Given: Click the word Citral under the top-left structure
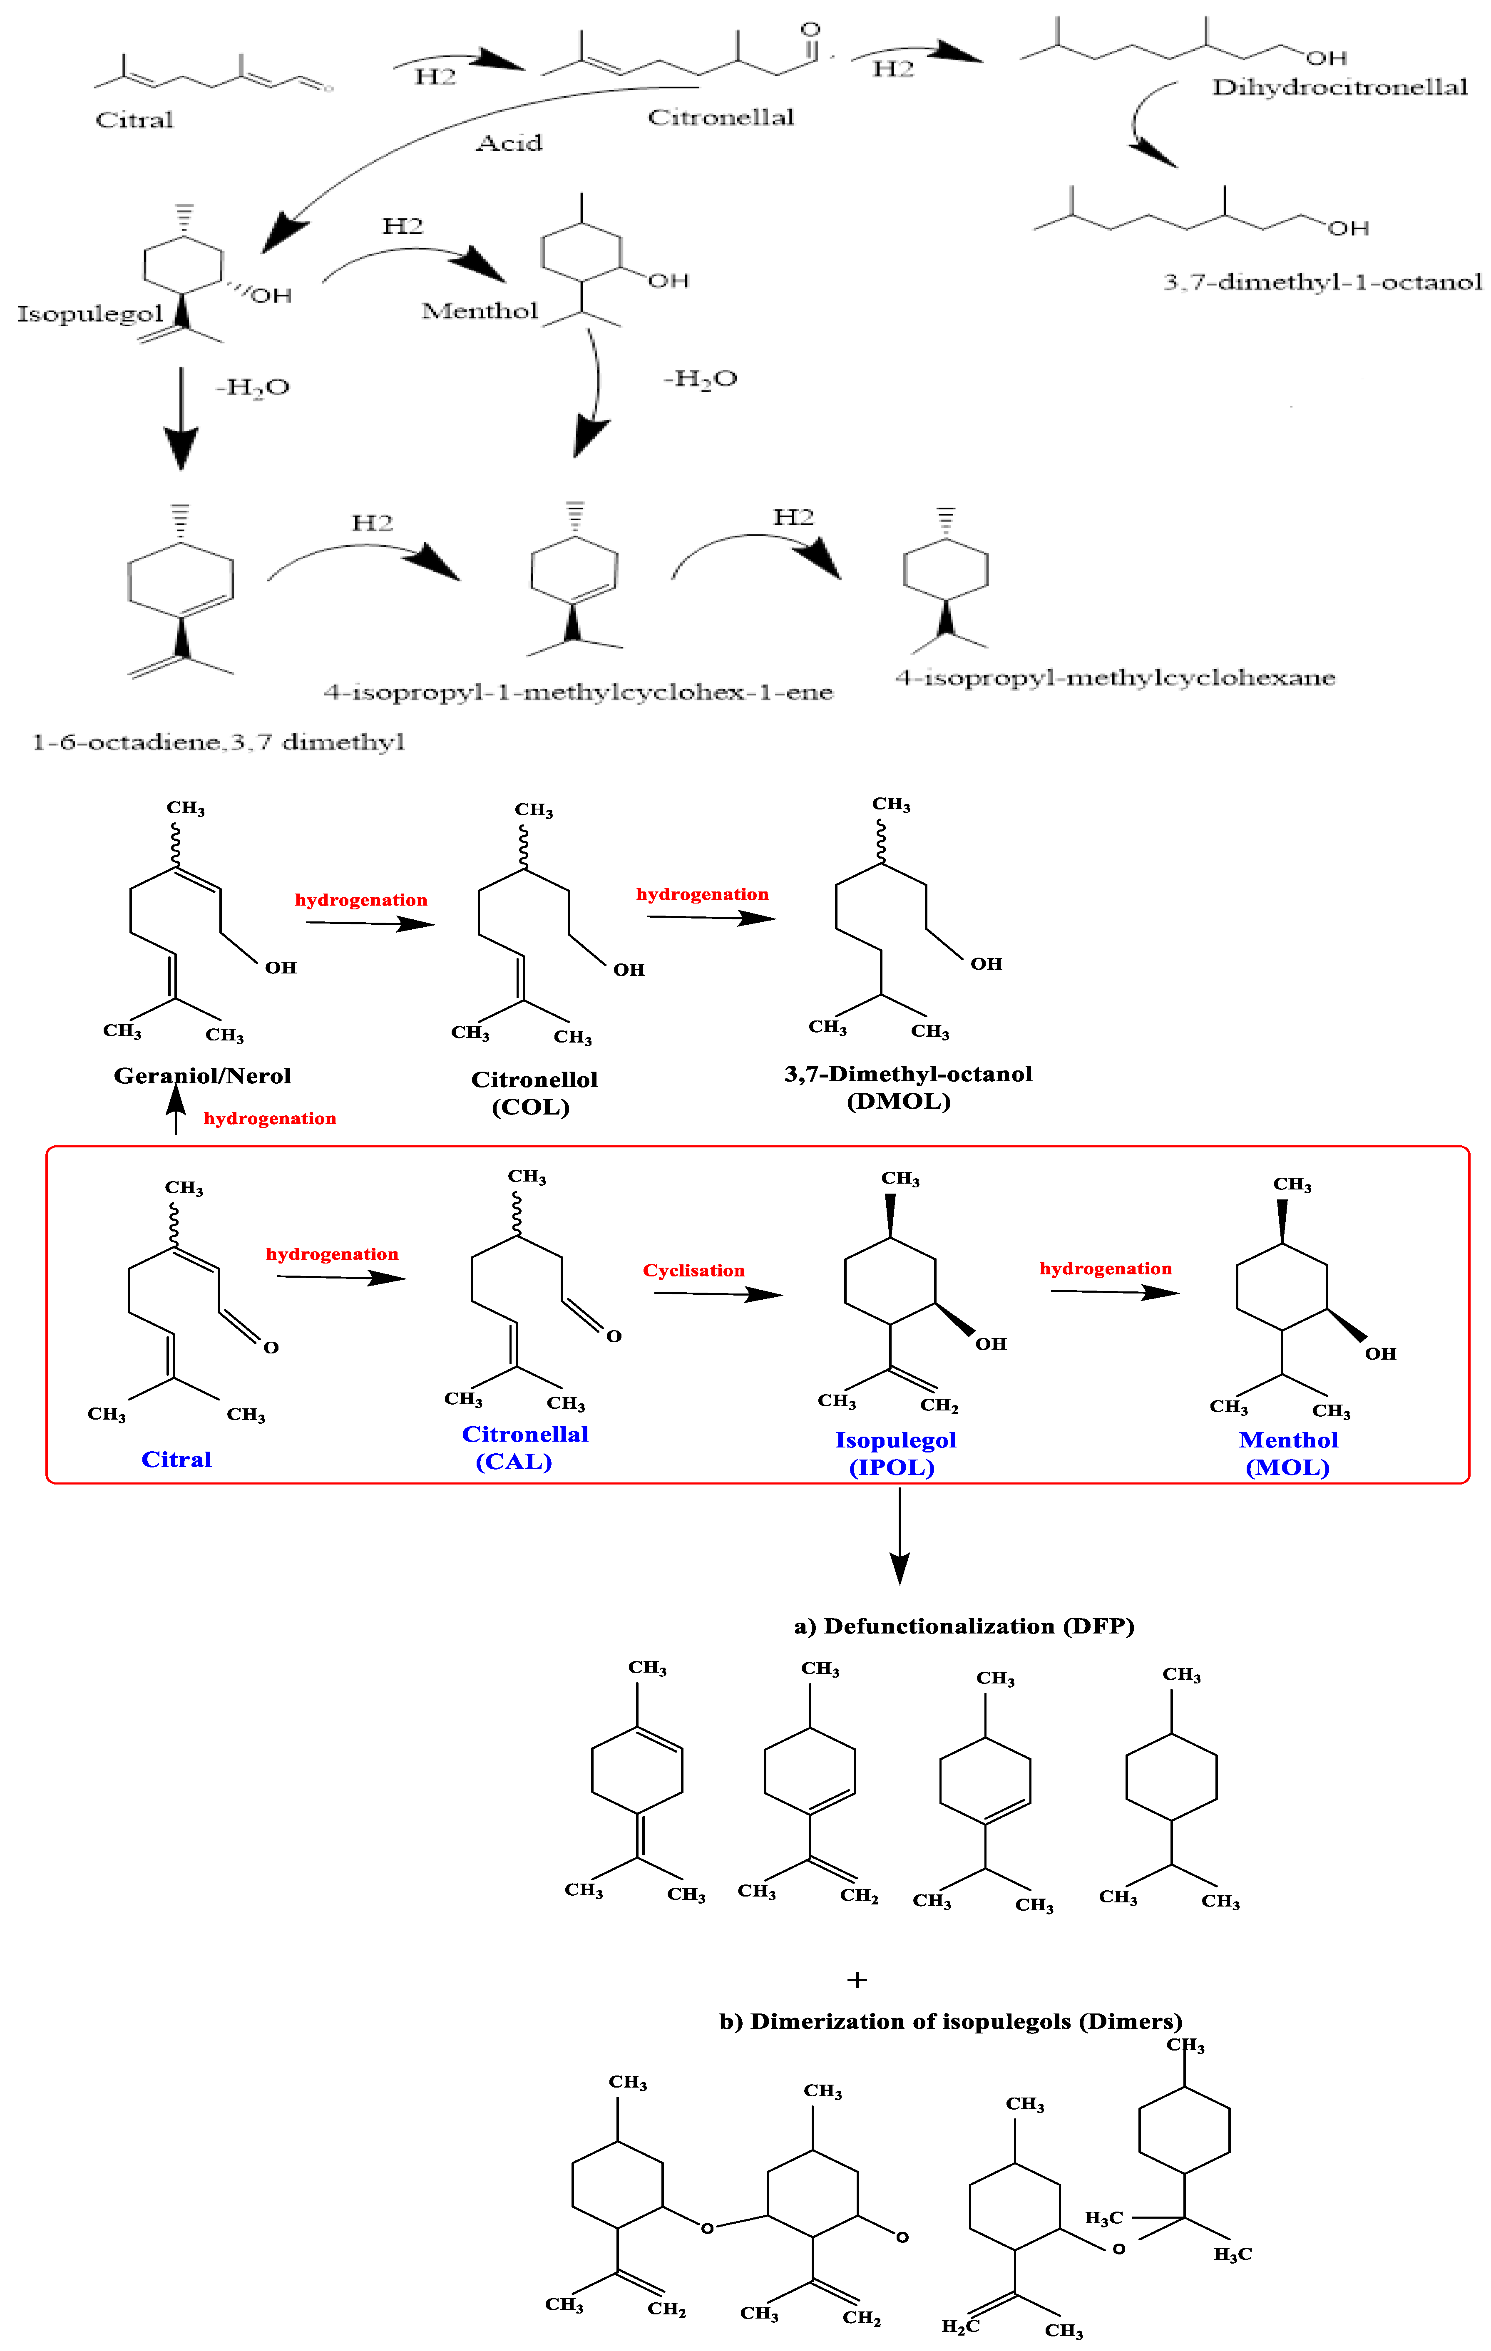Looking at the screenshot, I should (x=135, y=120).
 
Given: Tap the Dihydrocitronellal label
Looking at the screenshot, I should (x=1339, y=88).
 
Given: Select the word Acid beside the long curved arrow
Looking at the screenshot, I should (x=509, y=144).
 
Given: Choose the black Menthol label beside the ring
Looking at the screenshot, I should (x=480, y=311).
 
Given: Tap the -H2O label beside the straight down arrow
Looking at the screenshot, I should (x=252, y=387).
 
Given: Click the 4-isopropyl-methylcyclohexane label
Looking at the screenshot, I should (x=1115, y=678).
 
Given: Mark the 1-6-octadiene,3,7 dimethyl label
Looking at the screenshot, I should (x=219, y=743).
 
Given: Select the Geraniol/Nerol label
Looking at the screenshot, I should (x=202, y=1076).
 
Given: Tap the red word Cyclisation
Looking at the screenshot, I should (x=693, y=1270).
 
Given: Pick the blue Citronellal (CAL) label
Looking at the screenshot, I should (x=524, y=1447).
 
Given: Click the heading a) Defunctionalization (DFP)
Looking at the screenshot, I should (x=964, y=1626).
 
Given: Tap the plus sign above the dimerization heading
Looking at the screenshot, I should (x=857, y=1980).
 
